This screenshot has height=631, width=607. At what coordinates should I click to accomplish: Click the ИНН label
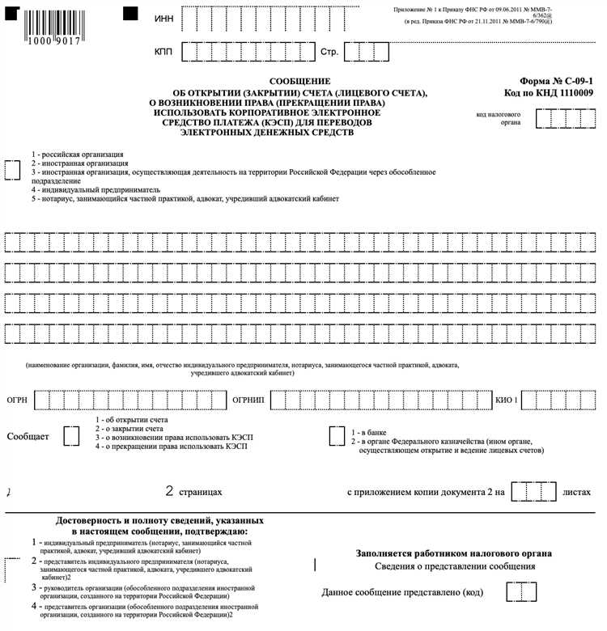pyautogui.click(x=163, y=19)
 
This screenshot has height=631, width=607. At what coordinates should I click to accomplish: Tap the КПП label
pyautogui.click(x=164, y=52)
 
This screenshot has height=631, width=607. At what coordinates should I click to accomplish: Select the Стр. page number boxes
pyautogui.click(x=367, y=52)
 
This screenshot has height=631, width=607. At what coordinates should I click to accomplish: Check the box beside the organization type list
pyautogui.click(x=13, y=169)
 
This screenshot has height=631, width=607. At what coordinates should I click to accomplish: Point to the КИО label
pyautogui.click(x=506, y=400)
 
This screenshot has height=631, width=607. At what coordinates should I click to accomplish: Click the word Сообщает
pyautogui.click(x=28, y=437)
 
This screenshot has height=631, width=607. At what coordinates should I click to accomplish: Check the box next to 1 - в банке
pyautogui.click(x=336, y=435)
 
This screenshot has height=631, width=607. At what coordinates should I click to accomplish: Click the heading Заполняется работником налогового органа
pyautogui.click(x=454, y=553)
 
